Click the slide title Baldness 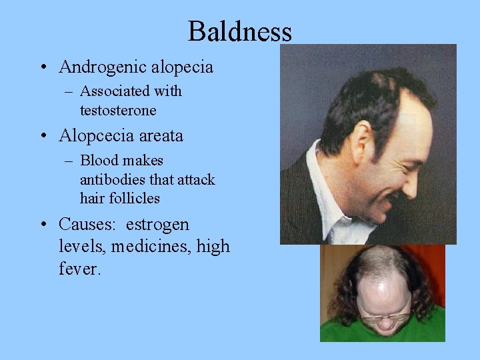pyautogui.click(x=240, y=31)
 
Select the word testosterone pyautogui.click(x=118, y=110)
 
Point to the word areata pyautogui.click(x=161, y=136)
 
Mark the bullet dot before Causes pyautogui.click(x=43, y=225)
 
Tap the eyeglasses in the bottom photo pyautogui.click(x=386, y=317)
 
